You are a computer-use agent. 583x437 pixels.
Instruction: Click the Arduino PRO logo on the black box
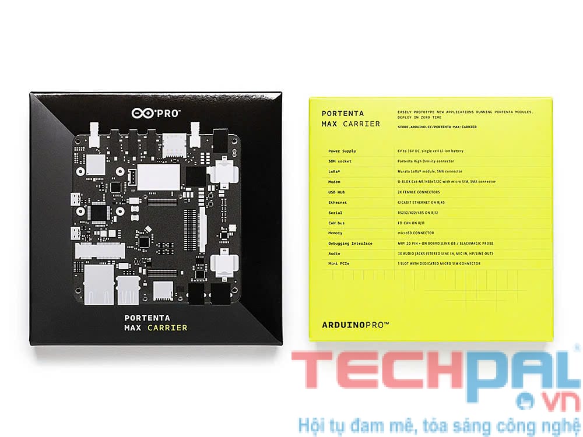click(x=156, y=111)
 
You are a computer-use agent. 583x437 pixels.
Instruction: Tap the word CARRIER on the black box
click(x=167, y=327)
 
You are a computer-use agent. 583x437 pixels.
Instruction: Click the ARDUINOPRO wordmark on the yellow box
click(x=355, y=325)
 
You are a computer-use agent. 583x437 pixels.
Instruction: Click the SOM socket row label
click(x=340, y=161)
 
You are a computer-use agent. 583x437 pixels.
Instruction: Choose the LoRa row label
click(x=336, y=171)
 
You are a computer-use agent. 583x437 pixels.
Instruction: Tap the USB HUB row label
click(x=338, y=192)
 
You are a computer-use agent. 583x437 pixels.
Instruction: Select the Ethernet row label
click(x=339, y=202)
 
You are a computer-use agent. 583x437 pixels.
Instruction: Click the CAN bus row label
click(x=338, y=223)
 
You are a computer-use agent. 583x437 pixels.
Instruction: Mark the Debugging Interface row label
click(x=350, y=243)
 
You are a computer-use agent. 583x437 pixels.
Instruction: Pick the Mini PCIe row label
click(x=339, y=263)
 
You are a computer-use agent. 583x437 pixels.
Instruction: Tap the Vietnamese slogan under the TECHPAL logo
click(x=437, y=424)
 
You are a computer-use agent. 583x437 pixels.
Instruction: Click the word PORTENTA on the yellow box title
click(x=343, y=114)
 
